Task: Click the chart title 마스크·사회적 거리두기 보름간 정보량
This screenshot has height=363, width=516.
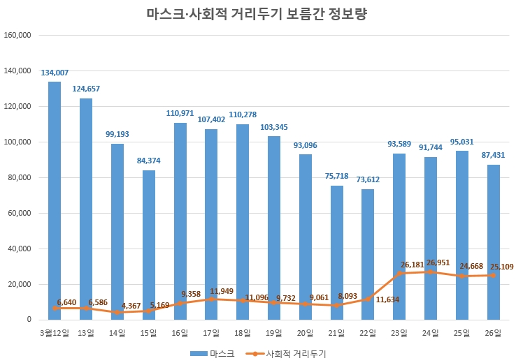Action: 257,13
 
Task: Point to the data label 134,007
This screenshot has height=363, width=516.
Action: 55,73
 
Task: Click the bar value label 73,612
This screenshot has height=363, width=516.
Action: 368,180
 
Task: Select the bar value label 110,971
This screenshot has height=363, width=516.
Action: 180,113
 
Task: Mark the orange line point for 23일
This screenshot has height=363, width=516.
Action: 399,273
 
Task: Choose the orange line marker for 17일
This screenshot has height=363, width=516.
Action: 211,299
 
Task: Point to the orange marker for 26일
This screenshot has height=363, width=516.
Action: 493,275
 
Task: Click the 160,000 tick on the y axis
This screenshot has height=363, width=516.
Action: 17,35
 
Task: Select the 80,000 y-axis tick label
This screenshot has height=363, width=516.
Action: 20,177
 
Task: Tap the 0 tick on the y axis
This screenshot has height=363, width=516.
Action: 29,320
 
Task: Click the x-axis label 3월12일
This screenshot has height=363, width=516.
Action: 55,333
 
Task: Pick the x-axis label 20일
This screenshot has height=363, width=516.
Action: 305,333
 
